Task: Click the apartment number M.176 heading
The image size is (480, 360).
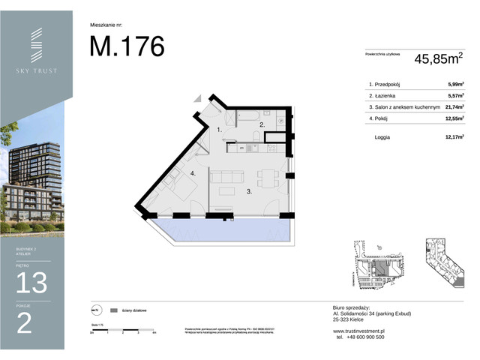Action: pyautogui.click(x=127, y=46)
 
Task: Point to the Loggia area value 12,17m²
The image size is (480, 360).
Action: pyautogui.click(x=453, y=137)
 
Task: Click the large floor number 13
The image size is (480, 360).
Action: pyautogui.click(x=31, y=283)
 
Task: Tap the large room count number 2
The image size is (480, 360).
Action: pyautogui.click(x=24, y=323)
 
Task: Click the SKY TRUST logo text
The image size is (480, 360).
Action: pyautogui.click(x=37, y=70)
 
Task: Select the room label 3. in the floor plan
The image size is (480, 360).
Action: pyautogui.click(x=227, y=192)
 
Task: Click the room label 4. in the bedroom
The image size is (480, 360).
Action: pyautogui.click(x=192, y=173)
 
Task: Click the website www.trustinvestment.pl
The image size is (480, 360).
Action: pyautogui.click(x=359, y=331)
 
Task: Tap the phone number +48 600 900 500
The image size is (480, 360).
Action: pyautogui.click(x=361, y=337)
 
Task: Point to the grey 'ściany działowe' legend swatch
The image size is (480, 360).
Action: pyautogui.click(x=113, y=310)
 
